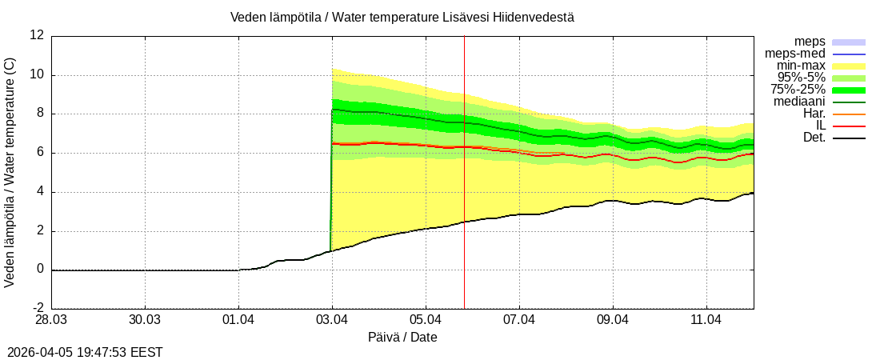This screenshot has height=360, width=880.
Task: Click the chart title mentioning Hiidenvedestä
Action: click(402, 17)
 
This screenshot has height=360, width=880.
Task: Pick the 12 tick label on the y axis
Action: click(37, 35)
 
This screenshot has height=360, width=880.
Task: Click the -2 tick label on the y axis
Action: click(37, 309)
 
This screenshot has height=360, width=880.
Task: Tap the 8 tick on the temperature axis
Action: click(40, 114)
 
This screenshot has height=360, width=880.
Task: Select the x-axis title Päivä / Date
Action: click(402, 338)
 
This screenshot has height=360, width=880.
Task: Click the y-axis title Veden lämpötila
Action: click(10, 172)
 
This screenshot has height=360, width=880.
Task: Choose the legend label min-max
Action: click(801, 66)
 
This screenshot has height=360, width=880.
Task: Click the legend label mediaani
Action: click(799, 102)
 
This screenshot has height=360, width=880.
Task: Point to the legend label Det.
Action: click(814, 138)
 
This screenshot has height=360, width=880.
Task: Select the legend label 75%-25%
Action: click(798, 90)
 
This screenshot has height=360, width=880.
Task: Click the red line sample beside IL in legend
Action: click(849, 126)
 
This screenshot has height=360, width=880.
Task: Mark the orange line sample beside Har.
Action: click(849, 114)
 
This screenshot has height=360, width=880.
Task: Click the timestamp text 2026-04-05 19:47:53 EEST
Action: click(85, 351)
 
